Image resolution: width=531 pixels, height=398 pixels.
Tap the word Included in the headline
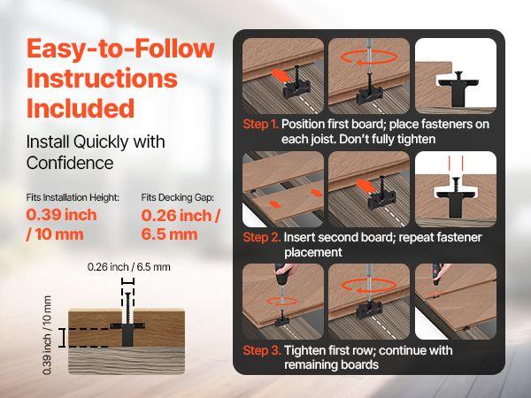(81, 108)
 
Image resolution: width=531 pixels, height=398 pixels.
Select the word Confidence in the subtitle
(69, 163)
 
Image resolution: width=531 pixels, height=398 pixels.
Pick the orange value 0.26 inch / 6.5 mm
(181, 225)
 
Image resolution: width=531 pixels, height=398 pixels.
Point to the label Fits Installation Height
(73, 198)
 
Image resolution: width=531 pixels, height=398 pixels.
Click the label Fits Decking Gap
(179, 198)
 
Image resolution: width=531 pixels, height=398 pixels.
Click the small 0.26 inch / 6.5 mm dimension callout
(128, 264)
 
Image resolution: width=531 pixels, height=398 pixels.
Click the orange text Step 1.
(263, 125)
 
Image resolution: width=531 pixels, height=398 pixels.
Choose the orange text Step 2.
(263, 238)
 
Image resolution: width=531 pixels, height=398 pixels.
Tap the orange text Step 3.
(263, 350)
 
